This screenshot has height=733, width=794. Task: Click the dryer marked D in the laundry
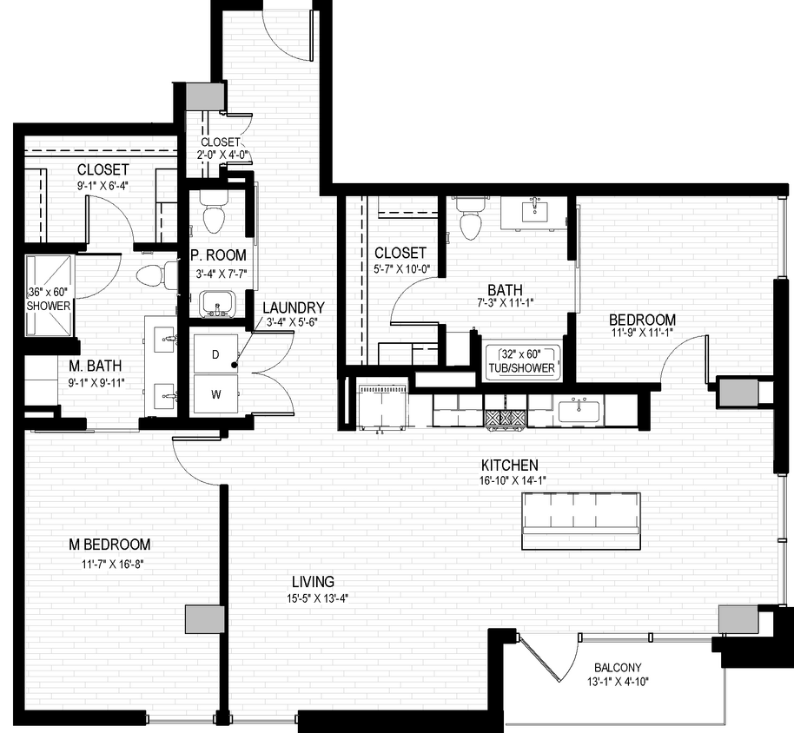coord(215,353)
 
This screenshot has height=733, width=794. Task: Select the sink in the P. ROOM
coord(215,304)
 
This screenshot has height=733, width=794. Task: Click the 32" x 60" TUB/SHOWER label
coord(520,360)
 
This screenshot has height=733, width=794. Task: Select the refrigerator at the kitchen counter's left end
coord(383,406)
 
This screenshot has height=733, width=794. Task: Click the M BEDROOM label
coord(110,545)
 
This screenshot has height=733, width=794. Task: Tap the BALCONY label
coord(618,667)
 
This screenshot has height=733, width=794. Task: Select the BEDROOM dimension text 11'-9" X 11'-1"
coord(641,335)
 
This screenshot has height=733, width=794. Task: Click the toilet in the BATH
coord(470,219)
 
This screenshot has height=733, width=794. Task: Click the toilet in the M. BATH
coord(154,275)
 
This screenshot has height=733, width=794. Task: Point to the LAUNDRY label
coord(293,307)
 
